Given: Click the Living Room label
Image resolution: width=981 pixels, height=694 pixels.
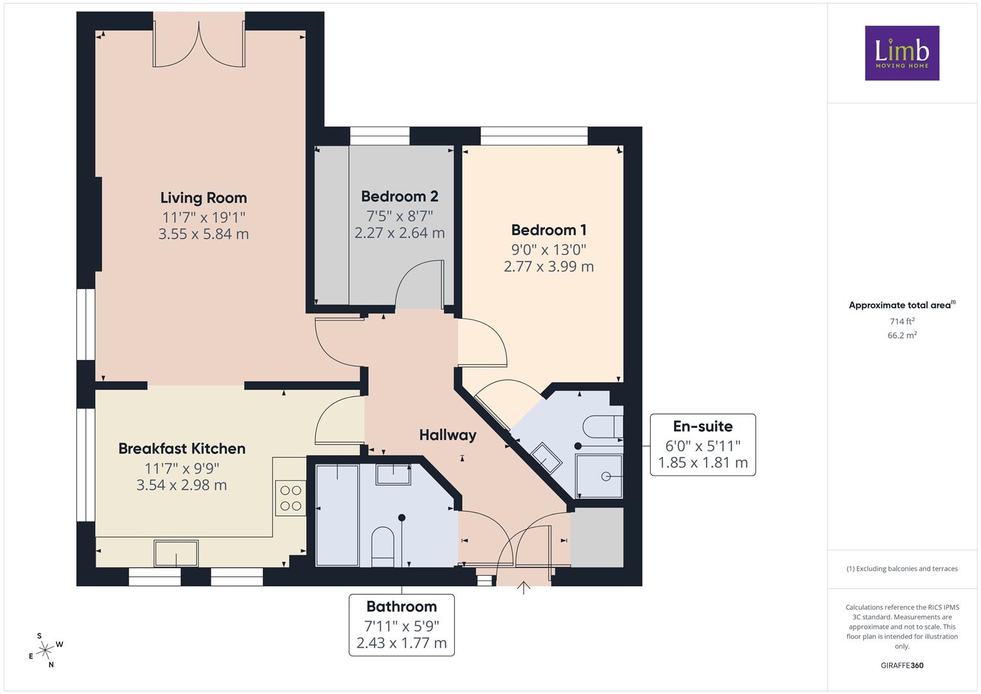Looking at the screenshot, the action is pyautogui.click(x=204, y=198).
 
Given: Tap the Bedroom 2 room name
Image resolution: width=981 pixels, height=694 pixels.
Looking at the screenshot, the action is pyautogui.click(x=400, y=196).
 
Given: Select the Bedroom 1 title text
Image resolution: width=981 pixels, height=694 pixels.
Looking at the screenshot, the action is pyautogui.click(x=549, y=230).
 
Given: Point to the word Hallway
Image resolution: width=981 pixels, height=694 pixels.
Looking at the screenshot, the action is pyautogui.click(x=448, y=435).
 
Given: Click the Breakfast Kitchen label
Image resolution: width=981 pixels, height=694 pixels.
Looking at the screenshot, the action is pyautogui.click(x=182, y=449).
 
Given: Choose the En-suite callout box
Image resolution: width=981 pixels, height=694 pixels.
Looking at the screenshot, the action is pyautogui.click(x=703, y=445).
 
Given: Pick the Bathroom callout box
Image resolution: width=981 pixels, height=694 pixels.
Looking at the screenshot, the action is pyautogui.click(x=402, y=625).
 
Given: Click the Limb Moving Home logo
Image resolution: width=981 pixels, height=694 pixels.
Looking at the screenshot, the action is pyautogui.click(x=902, y=53).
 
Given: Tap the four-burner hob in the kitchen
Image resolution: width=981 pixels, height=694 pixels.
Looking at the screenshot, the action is pyautogui.click(x=290, y=498).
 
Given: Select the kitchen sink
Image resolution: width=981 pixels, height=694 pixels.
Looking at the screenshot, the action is pyautogui.click(x=176, y=553).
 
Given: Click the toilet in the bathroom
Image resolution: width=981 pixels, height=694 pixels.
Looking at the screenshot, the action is pyautogui.click(x=383, y=547).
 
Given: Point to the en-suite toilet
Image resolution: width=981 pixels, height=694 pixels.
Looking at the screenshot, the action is pyautogui.click(x=603, y=426).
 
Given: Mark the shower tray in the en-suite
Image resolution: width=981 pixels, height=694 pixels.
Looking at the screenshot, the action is pyautogui.click(x=599, y=476).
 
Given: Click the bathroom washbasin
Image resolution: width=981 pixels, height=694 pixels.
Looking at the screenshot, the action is pyautogui.click(x=393, y=474).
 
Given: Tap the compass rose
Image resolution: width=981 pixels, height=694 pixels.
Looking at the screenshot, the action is pyautogui.click(x=46, y=650).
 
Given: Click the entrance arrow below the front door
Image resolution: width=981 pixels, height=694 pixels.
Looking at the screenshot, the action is pyautogui.click(x=524, y=587).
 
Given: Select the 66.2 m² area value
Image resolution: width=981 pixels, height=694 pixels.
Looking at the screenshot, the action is pyautogui.click(x=902, y=335).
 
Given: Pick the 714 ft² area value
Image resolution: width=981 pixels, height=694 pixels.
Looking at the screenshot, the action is pyautogui.click(x=902, y=321).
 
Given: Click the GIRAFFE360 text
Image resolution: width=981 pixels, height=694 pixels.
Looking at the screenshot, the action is pyautogui.click(x=902, y=665).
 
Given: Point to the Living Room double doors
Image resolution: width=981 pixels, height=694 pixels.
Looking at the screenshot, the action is pyautogui.click(x=199, y=45).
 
